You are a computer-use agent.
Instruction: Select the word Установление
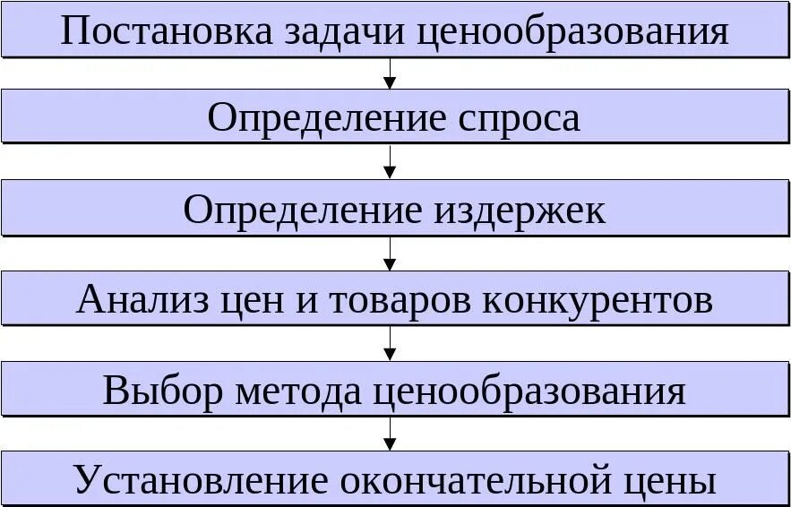coord(201,482)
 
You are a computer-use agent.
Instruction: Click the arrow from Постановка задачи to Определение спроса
coord(389,74)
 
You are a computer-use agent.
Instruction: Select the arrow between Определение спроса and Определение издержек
coord(389,163)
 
